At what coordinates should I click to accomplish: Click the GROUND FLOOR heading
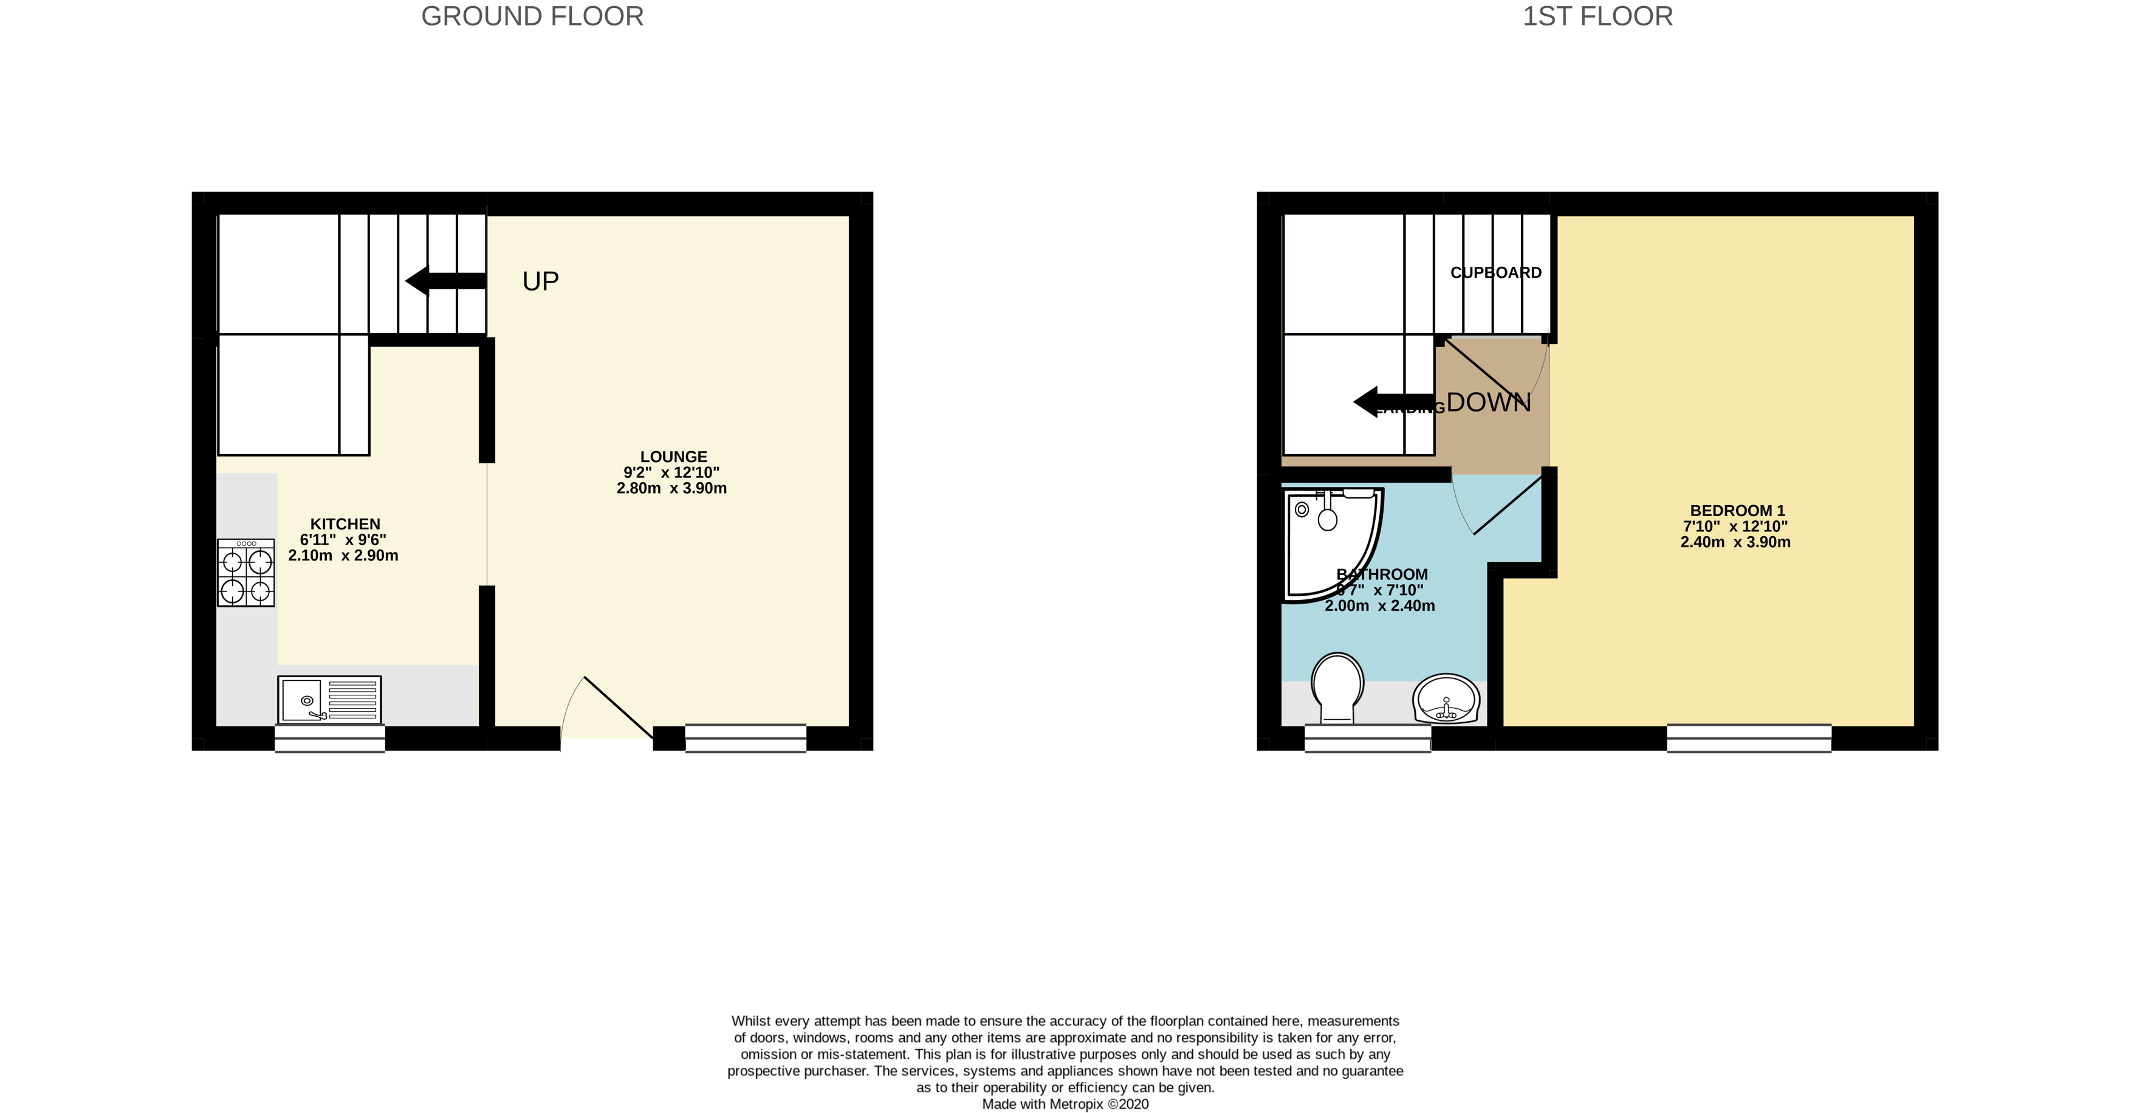click(532, 16)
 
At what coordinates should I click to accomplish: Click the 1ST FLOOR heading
click(1597, 16)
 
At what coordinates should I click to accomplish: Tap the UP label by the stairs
click(540, 281)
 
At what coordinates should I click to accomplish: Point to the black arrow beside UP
click(444, 281)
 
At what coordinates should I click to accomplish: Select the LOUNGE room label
click(673, 457)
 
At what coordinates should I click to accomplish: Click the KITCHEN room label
click(345, 524)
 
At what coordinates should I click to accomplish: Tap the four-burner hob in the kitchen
click(245, 573)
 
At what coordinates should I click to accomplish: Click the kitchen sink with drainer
click(329, 699)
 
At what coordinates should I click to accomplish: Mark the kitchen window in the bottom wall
click(329, 738)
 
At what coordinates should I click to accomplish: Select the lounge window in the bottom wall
click(746, 738)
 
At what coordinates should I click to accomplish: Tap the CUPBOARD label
click(1495, 273)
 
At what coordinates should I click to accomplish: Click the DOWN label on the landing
click(1488, 403)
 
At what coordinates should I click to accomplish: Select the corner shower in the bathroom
click(1332, 542)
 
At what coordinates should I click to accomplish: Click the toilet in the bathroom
click(1337, 687)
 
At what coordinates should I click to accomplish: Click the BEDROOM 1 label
click(1737, 511)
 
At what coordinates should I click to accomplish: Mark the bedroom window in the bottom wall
click(1748, 738)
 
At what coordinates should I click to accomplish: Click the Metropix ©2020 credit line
click(1065, 1104)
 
